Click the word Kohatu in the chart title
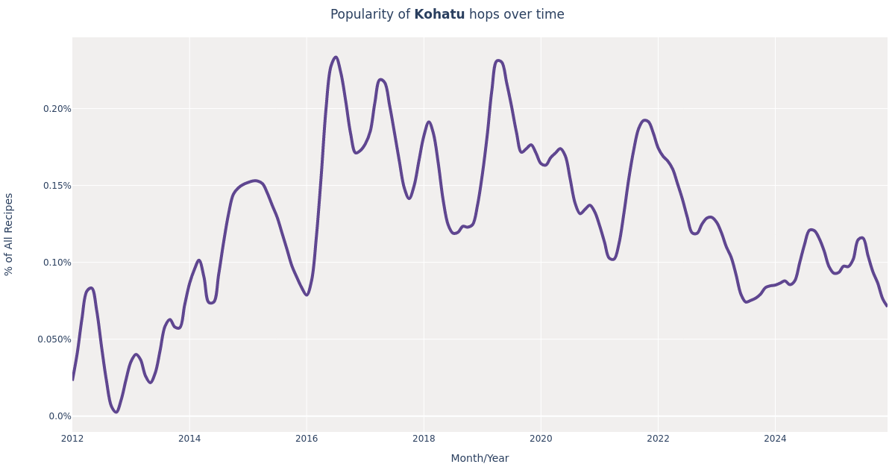click(439, 15)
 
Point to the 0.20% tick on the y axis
click(57, 109)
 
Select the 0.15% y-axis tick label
click(57, 186)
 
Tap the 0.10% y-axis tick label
click(57, 263)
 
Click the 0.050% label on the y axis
click(54, 339)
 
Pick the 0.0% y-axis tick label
click(59, 416)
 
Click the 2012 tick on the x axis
click(72, 439)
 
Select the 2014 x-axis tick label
click(189, 439)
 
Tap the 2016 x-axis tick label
click(307, 439)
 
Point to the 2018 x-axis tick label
click(424, 439)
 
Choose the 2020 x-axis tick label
click(541, 439)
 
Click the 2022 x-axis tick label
click(658, 439)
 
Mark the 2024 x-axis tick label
click(775, 439)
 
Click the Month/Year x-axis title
click(480, 459)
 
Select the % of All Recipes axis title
click(10, 234)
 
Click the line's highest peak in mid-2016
click(336, 57)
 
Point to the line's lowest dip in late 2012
click(116, 412)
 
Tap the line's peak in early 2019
click(498, 61)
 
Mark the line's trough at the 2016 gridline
click(307, 295)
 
